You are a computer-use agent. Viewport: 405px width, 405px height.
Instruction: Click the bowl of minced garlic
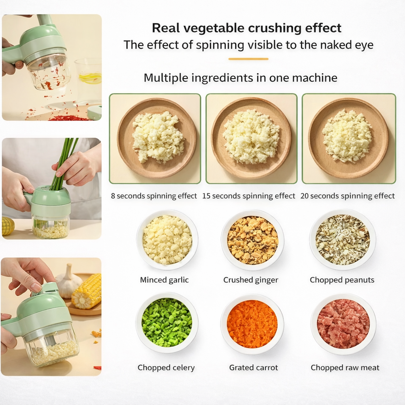tap(167, 240)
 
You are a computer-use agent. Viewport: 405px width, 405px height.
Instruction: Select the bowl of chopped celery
tap(167, 323)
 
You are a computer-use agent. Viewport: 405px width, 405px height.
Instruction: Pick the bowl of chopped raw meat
tap(343, 324)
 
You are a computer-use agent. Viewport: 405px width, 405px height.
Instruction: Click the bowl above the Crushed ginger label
tap(252, 240)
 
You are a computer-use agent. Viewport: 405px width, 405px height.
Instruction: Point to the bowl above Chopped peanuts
tap(343, 240)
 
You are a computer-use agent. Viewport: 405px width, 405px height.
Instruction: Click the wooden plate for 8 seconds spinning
tap(157, 138)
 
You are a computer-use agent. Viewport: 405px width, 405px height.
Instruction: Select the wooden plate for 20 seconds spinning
tap(348, 138)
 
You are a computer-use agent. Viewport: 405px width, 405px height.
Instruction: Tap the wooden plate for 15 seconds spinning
tap(251, 138)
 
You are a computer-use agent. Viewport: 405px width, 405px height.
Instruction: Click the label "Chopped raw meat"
tap(345, 368)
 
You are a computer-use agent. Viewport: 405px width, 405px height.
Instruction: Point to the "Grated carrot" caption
tap(254, 368)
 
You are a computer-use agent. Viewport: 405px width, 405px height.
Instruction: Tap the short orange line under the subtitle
tap(248, 59)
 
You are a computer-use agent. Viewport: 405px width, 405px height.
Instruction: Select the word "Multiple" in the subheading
tap(166, 78)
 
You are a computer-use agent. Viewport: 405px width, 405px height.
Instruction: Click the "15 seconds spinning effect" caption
tap(249, 196)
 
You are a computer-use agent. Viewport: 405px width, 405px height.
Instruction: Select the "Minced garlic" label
tap(164, 280)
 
